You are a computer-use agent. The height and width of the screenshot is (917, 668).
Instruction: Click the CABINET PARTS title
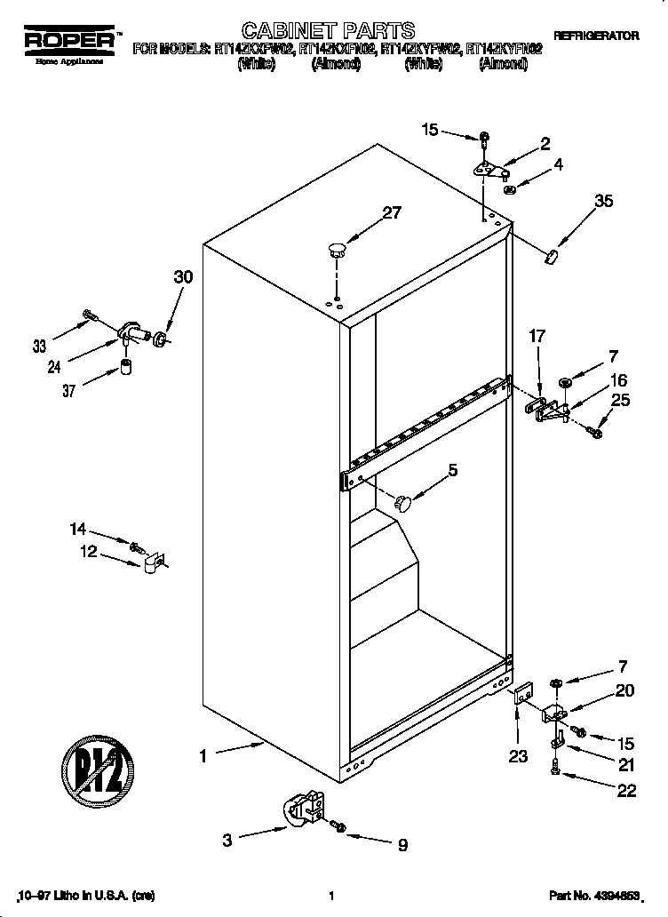pos(316,33)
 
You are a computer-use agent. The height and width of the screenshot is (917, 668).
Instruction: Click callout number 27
pos(391,212)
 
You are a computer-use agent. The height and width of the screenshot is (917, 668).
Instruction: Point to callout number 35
pos(603,202)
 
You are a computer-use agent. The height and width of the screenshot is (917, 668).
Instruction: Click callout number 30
pos(183,276)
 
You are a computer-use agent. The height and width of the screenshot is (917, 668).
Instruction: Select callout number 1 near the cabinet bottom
pos(203,756)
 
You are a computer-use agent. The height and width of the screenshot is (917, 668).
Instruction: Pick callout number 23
pos(518,756)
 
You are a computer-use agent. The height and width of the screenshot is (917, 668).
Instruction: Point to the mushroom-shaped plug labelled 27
pos(336,249)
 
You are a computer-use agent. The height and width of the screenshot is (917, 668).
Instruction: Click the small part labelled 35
pos(551,257)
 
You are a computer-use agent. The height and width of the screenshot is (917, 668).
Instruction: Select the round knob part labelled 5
pos(404,504)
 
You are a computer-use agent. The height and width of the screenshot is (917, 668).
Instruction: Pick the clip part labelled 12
pos(152,563)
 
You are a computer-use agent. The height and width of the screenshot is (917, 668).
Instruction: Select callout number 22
pos(626,792)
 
